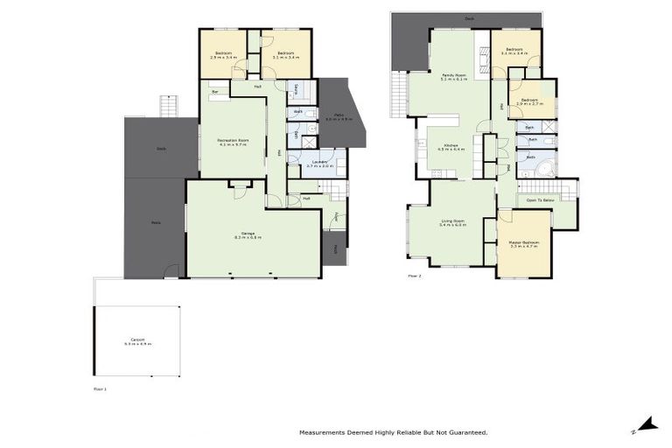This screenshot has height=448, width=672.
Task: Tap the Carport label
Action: [138, 342]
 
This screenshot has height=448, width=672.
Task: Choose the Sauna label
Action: [297, 87]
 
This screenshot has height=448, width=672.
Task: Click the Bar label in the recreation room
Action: [213, 91]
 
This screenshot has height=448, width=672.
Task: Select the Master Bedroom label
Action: [523, 244]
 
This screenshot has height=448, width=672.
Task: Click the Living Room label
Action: [452, 223]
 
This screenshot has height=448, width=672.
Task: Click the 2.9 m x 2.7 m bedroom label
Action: [529, 101]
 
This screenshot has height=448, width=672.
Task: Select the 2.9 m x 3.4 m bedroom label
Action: [223, 55]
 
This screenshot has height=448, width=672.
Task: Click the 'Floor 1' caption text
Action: [100, 387]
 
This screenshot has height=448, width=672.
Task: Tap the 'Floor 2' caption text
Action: [415, 276]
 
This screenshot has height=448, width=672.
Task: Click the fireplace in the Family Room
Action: [480, 57]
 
